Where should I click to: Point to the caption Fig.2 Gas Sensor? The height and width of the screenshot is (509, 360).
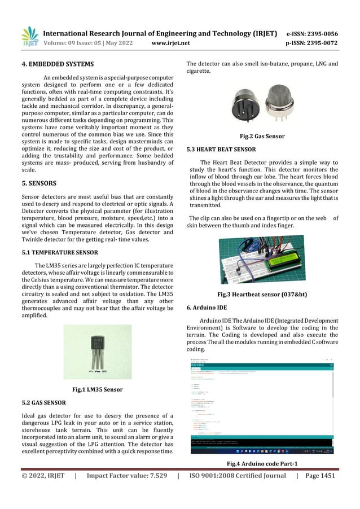click(262, 137)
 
